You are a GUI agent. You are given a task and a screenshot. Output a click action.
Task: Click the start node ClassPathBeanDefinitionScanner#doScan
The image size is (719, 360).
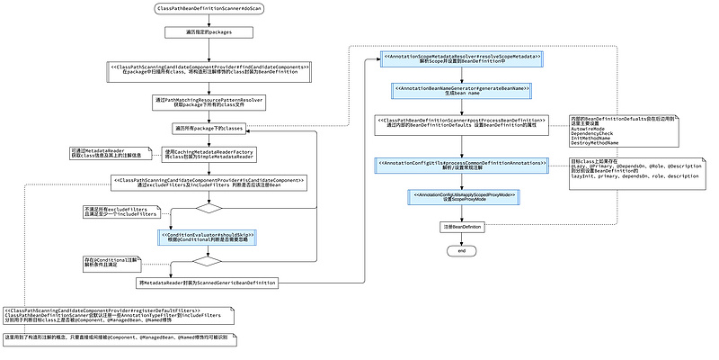209,9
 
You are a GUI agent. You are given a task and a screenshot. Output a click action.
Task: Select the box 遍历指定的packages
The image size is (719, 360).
209,32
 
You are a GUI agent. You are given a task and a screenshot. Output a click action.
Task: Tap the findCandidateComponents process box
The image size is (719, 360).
209,72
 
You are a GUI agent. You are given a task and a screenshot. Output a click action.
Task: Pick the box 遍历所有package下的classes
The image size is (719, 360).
209,129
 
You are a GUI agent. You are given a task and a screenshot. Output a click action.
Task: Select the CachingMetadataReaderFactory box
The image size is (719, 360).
209,155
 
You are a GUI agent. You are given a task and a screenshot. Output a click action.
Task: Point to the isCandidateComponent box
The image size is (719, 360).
209,183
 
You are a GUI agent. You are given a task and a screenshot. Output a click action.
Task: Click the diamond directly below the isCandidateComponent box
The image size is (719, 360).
209,208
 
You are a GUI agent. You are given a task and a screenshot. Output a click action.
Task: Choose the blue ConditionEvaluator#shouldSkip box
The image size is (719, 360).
209,237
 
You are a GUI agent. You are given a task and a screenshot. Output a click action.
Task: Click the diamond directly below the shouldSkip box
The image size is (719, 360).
209,262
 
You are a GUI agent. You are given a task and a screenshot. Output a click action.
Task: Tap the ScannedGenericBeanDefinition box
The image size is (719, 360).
209,283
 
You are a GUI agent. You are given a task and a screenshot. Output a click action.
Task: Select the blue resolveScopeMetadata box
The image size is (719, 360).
462,59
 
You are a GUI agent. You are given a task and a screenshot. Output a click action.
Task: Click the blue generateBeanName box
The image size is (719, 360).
462,91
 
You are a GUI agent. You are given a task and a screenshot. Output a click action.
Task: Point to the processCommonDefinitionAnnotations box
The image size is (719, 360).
462,166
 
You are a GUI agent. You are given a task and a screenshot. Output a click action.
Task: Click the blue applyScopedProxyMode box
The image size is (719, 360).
462,196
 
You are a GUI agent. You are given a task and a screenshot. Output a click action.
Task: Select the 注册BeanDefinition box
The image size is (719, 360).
462,228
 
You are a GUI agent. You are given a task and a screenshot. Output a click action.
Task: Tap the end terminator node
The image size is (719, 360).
462,250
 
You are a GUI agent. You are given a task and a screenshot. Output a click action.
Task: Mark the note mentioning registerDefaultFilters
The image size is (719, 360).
117,316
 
